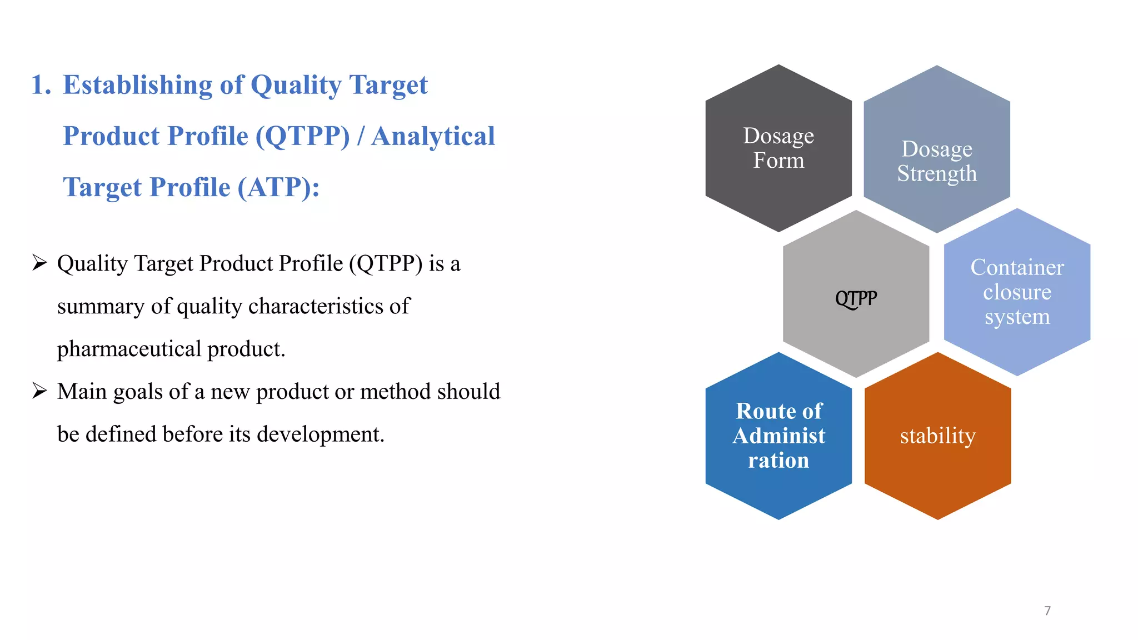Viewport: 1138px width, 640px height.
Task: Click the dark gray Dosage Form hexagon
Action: tap(778, 148)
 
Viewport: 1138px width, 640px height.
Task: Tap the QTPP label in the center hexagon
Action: tap(856, 298)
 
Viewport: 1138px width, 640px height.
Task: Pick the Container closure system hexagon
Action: tap(1017, 292)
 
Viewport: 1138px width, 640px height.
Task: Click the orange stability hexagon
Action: tap(937, 436)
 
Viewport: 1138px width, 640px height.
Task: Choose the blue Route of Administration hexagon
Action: tap(778, 436)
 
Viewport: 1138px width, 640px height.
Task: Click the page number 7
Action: tap(1047, 611)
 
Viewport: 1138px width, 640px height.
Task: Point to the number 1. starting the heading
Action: tap(41, 85)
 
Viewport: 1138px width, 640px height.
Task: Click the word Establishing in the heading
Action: tap(137, 85)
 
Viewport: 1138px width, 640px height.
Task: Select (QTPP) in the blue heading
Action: tap(303, 136)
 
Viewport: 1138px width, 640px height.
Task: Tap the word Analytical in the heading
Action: tap(433, 136)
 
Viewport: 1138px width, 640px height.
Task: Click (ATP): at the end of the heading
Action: tap(278, 187)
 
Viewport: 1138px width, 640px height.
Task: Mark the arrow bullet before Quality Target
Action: tap(39, 263)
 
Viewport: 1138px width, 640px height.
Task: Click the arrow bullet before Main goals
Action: tap(39, 391)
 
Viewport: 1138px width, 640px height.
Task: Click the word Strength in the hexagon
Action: tap(937, 174)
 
